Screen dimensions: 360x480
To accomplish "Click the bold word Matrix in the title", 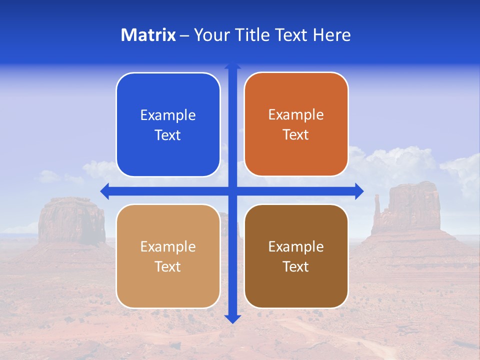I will [148, 35].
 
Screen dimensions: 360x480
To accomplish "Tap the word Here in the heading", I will [331, 35].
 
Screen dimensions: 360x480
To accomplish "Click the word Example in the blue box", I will [168, 115].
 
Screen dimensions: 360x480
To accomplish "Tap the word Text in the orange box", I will [296, 135].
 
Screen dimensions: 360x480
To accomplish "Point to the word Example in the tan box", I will [168, 247].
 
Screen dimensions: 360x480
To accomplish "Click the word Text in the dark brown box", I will [296, 266].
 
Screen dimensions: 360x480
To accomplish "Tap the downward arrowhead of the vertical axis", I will [232, 318].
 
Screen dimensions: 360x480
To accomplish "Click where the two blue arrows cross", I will [232, 191].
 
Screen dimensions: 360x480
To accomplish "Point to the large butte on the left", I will [71, 220].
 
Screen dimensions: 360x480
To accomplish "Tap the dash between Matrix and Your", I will [184, 35].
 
